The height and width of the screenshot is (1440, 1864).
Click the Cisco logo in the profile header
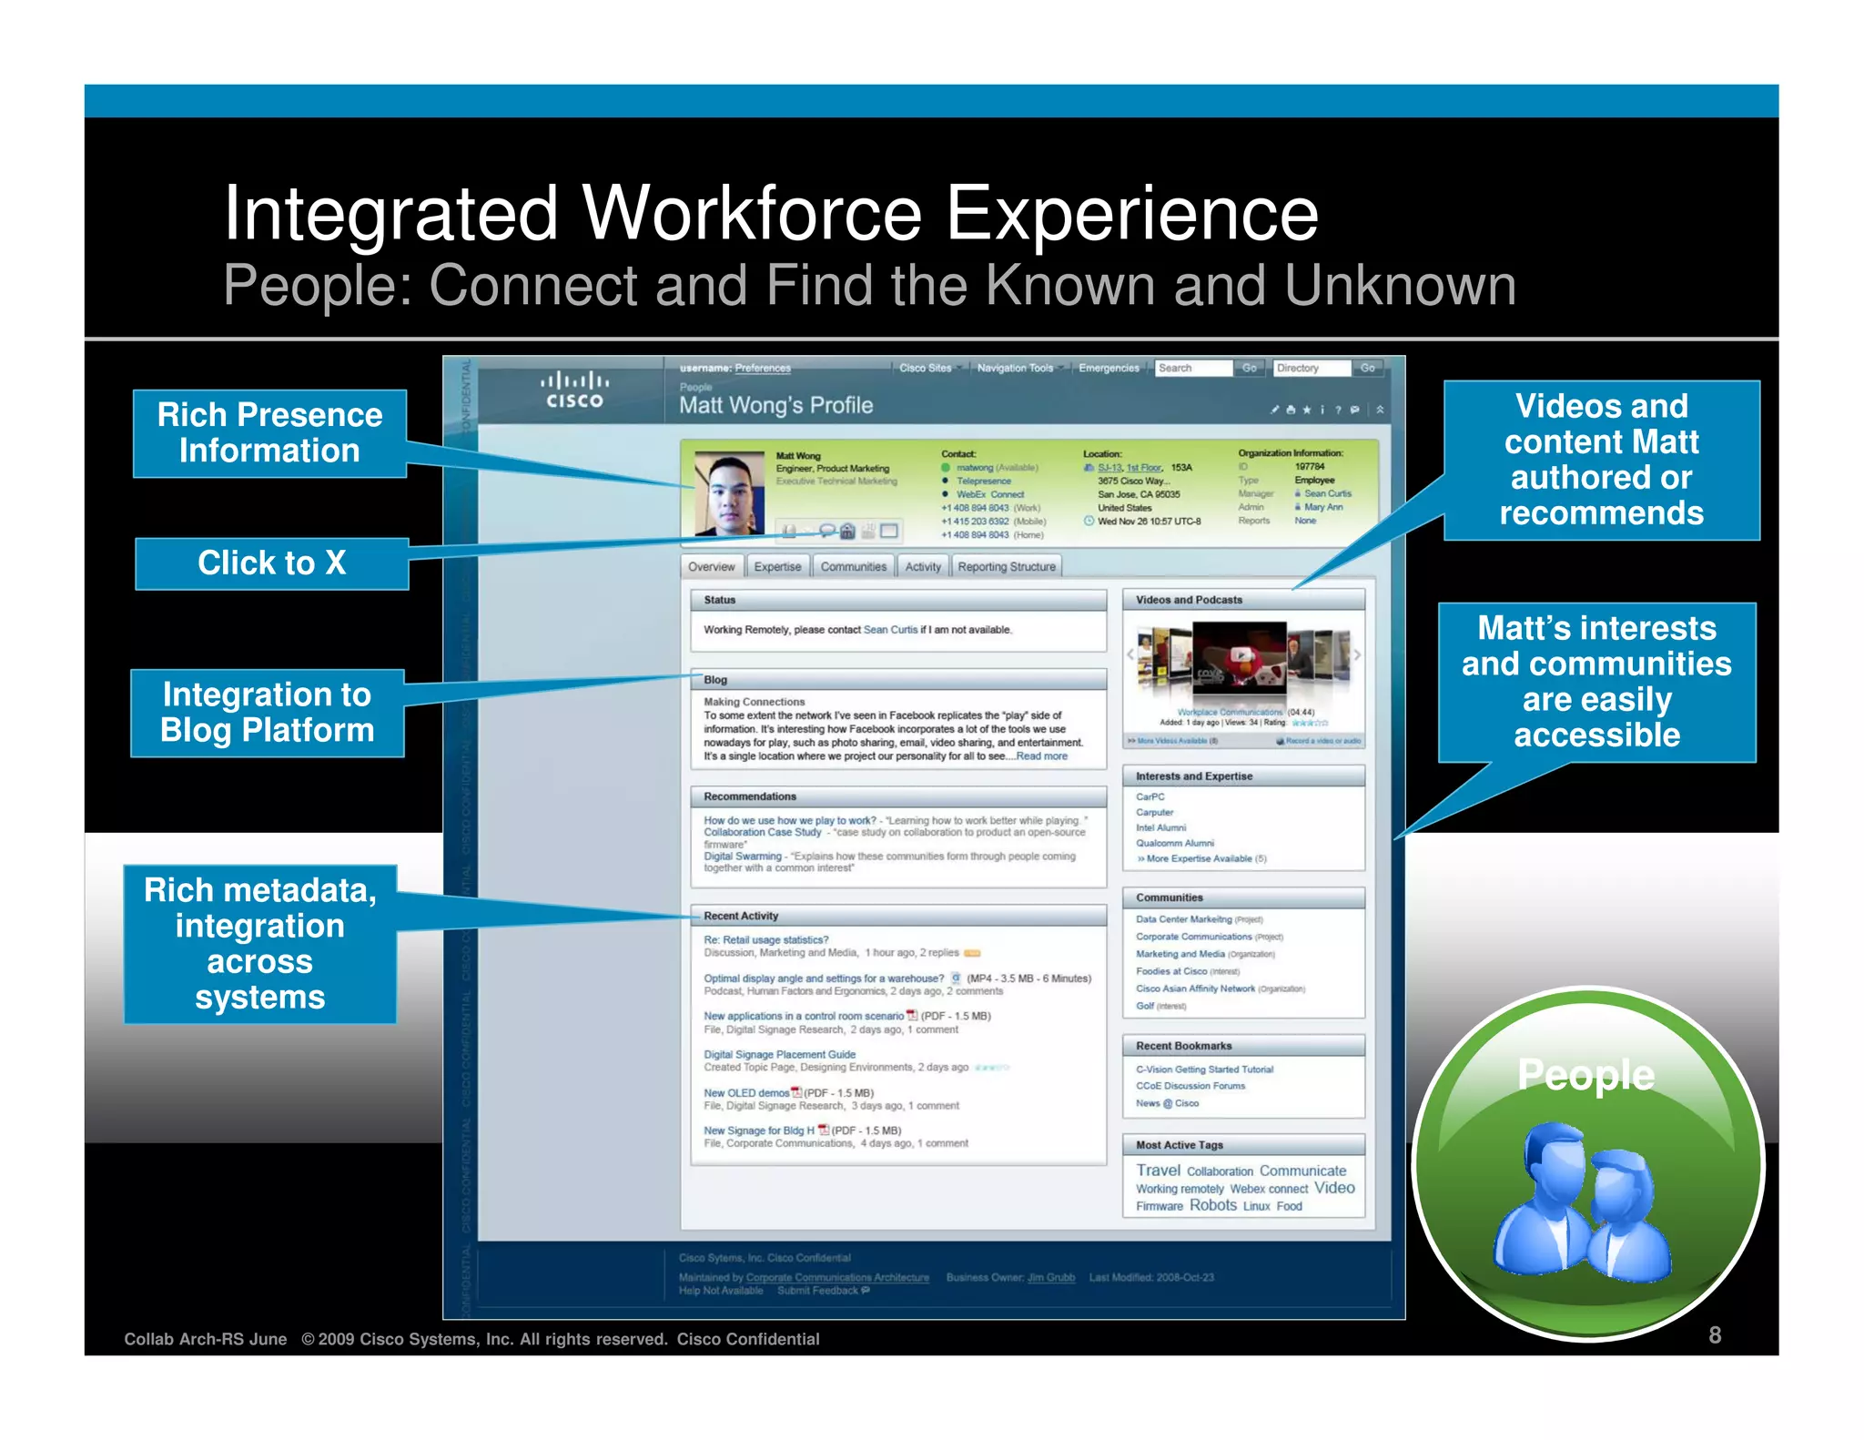[x=574, y=390]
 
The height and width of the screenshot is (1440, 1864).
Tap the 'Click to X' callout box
[x=272, y=563]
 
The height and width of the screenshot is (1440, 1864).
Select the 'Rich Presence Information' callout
[x=269, y=433]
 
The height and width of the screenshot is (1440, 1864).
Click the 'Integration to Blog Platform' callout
[x=267, y=713]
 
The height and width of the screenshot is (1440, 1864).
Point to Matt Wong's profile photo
[x=728, y=492]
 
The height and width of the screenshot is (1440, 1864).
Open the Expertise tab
[x=777, y=567]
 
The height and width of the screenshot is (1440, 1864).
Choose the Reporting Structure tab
[x=1006, y=567]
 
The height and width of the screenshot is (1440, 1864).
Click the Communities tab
[x=853, y=567]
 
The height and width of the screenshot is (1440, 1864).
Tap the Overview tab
[x=711, y=567]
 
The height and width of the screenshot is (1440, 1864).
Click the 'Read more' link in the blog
[x=1041, y=756]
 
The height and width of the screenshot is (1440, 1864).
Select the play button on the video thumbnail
[x=1240, y=654]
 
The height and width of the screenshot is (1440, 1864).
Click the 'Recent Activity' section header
[x=741, y=916]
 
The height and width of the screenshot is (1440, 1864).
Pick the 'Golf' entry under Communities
[x=1145, y=1006]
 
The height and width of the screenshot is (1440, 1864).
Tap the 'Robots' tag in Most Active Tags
[x=1212, y=1205]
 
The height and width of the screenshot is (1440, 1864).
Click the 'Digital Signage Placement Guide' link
[x=779, y=1055]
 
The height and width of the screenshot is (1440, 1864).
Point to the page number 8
[x=1715, y=1335]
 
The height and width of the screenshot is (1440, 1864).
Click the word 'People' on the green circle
[x=1585, y=1075]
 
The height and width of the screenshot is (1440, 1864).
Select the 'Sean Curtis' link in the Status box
[x=890, y=630]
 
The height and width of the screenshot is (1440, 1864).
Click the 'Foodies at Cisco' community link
[x=1171, y=971]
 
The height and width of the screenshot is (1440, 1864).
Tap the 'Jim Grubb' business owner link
[x=1050, y=1278]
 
